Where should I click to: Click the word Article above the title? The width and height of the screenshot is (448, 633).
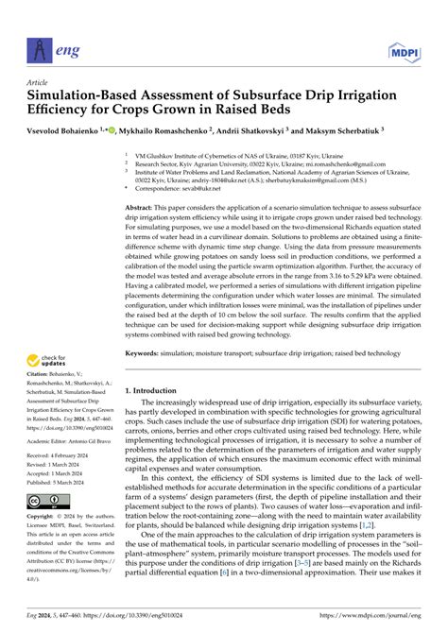coord(39,82)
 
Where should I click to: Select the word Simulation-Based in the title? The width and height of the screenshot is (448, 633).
coord(79,95)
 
